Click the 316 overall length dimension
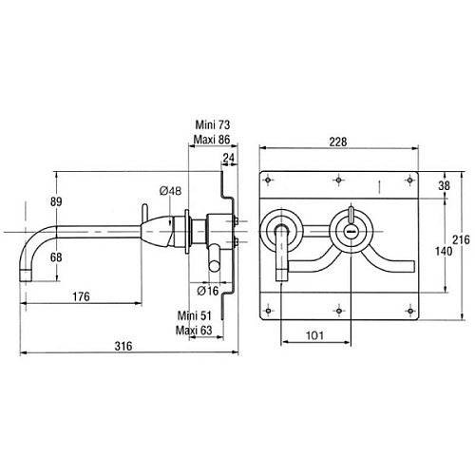123,346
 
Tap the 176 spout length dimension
81,296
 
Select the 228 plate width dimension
338,142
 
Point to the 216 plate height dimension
461,239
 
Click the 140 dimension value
444,251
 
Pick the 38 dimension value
444,185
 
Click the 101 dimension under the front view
314,335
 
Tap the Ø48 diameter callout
170,191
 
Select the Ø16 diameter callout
208,291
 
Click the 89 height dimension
56,201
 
